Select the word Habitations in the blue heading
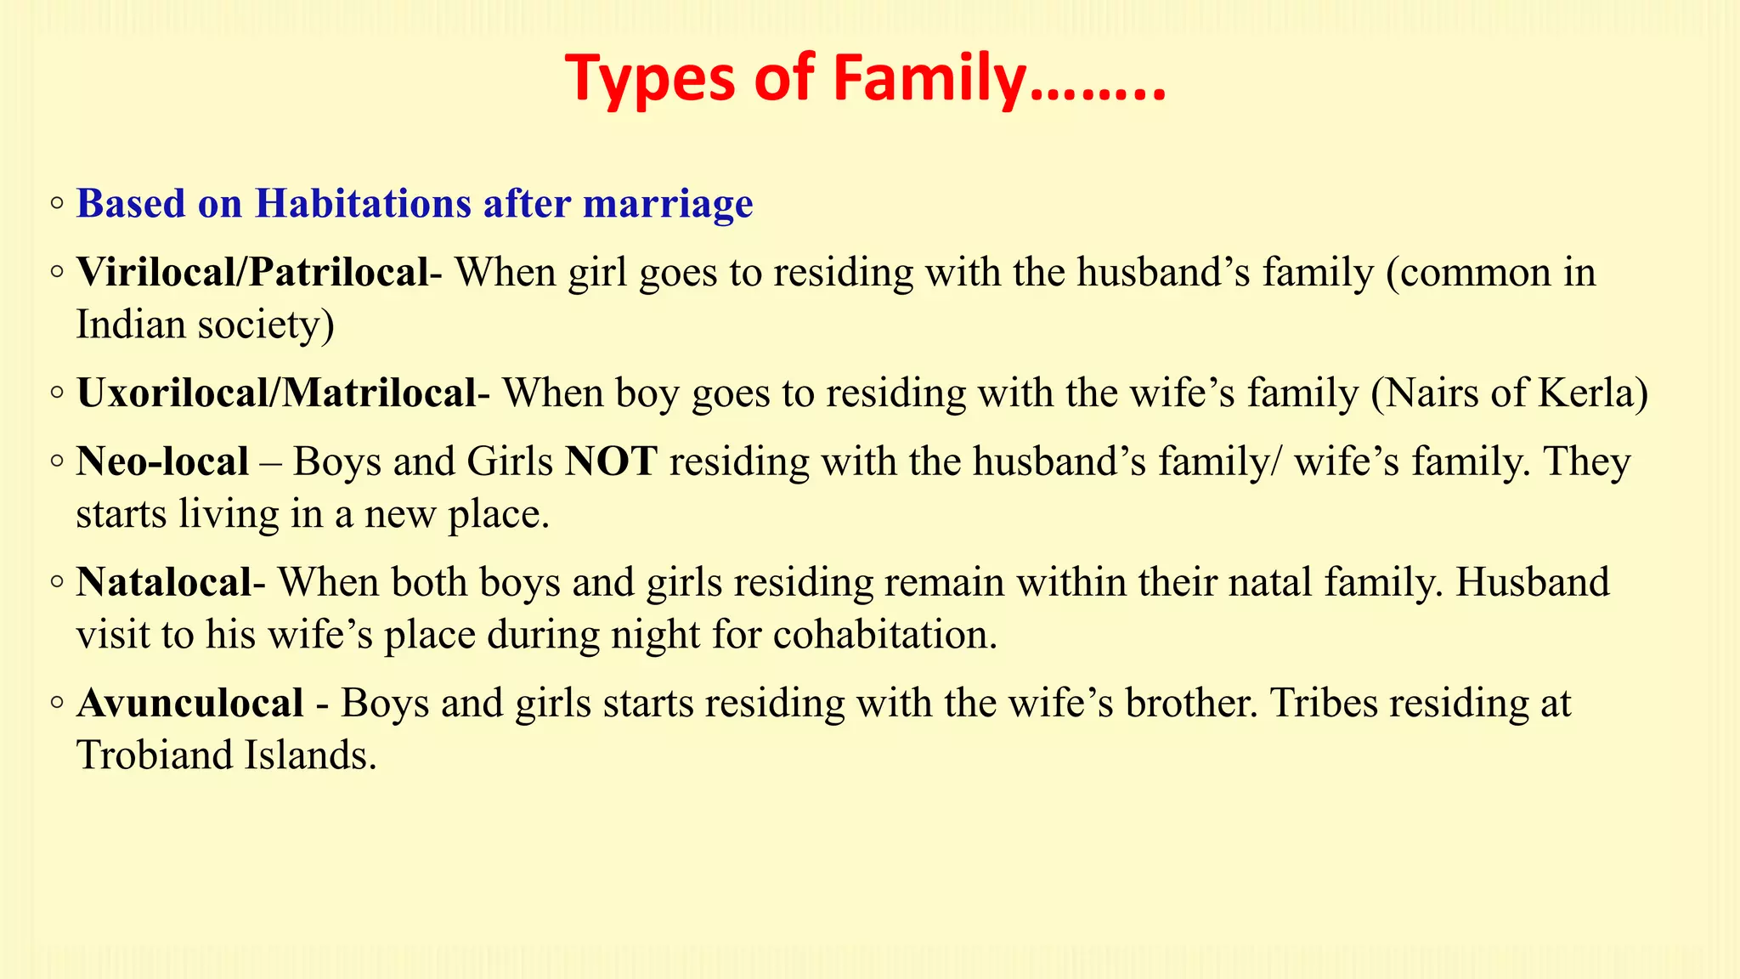click(363, 204)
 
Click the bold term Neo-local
click(162, 462)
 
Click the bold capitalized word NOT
click(612, 462)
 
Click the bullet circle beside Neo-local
click(57, 462)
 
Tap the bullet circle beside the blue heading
click(57, 204)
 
